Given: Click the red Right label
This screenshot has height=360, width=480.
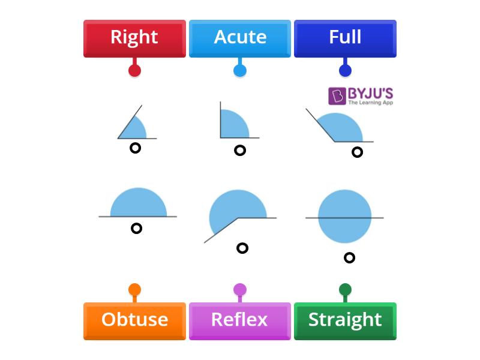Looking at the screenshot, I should point(134,38).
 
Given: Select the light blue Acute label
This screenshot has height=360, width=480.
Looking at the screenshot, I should point(240,38).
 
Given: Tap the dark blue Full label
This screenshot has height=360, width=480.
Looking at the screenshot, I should point(345,38).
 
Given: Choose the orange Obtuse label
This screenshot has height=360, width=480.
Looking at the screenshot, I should point(134,320).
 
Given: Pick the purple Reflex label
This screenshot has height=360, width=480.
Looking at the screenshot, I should point(240,320).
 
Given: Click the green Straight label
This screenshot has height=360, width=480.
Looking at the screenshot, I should point(345,320).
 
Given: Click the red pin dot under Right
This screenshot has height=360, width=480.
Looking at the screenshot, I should point(134,70).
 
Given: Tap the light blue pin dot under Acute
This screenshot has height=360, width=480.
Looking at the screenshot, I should point(240,70).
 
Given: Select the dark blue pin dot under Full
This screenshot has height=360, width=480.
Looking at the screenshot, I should point(345,70).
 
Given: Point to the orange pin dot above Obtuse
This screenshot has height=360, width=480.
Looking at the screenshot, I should point(134,290).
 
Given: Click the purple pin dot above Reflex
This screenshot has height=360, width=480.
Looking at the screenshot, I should point(240,290).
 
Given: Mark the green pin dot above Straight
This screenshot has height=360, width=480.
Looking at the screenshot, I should point(345,290).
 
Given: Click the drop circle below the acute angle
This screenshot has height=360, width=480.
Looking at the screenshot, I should point(136,148).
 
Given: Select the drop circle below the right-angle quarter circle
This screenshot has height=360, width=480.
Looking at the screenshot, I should point(240,150).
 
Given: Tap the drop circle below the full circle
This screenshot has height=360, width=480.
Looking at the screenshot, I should point(349,257).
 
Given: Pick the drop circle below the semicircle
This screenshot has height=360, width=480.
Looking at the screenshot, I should point(137,228).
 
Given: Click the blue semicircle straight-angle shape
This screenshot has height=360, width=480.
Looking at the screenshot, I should point(138,204).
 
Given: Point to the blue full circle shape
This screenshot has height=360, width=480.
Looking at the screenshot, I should point(344,217).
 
